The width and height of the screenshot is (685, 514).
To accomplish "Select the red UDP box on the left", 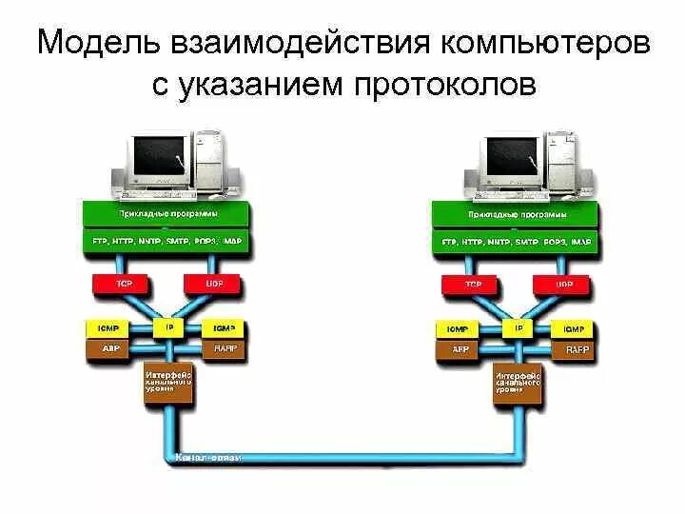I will (212, 283).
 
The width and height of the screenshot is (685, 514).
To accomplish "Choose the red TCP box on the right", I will (472, 283).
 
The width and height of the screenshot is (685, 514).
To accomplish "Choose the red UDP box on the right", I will (562, 283).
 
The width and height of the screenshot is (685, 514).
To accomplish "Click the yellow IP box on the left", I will (169, 326).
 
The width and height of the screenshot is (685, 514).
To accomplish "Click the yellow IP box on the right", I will (519, 327).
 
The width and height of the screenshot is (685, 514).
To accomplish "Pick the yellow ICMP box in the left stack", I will (108, 328).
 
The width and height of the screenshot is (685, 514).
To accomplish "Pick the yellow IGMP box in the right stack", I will (575, 328).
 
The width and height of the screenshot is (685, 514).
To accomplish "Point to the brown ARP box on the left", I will (108, 349).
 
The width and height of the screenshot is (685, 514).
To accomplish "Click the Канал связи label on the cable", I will (209, 458).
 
